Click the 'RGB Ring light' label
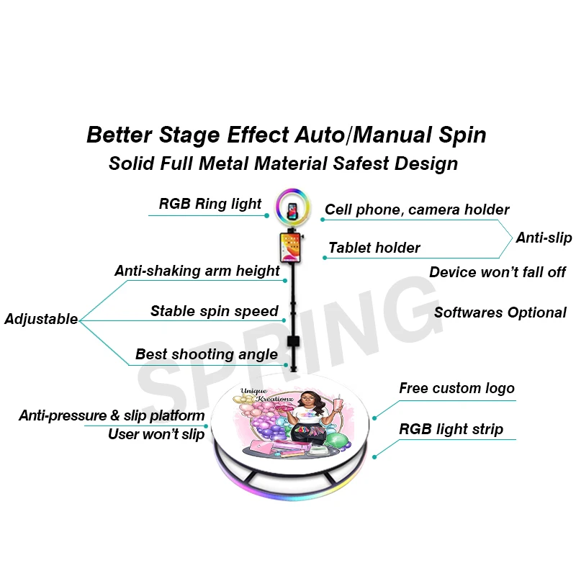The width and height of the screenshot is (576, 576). click(x=210, y=204)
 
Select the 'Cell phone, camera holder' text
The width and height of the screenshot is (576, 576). click(x=417, y=210)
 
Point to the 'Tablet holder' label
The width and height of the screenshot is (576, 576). click(x=374, y=248)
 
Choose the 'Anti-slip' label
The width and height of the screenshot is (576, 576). click(x=544, y=238)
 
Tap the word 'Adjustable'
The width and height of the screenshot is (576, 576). click(x=41, y=319)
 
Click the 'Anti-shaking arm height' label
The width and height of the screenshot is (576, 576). click(x=197, y=271)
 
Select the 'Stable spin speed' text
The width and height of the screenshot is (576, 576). click(x=214, y=312)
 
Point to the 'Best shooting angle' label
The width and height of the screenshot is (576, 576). click(x=207, y=354)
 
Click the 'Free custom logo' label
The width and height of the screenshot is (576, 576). click(x=457, y=389)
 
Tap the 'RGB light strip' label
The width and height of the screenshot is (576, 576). click(x=451, y=430)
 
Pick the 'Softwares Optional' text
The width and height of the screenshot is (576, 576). click(x=500, y=312)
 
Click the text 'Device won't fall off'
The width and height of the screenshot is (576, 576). click(x=498, y=272)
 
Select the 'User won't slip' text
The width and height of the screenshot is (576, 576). click(x=156, y=434)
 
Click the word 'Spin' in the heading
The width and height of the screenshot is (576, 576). click(x=462, y=135)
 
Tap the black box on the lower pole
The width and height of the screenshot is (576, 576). click(x=293, y=342)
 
